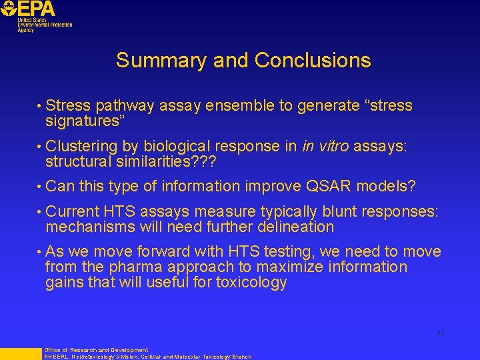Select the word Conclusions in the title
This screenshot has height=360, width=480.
pos(313,61)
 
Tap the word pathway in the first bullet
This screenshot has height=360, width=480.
pos(123,106)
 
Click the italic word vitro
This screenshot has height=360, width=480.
pos(334,147)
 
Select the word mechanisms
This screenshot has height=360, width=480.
pos(91,227)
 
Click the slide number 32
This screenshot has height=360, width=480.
pos(440,333)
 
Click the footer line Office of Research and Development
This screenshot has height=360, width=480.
pos(96,350)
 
